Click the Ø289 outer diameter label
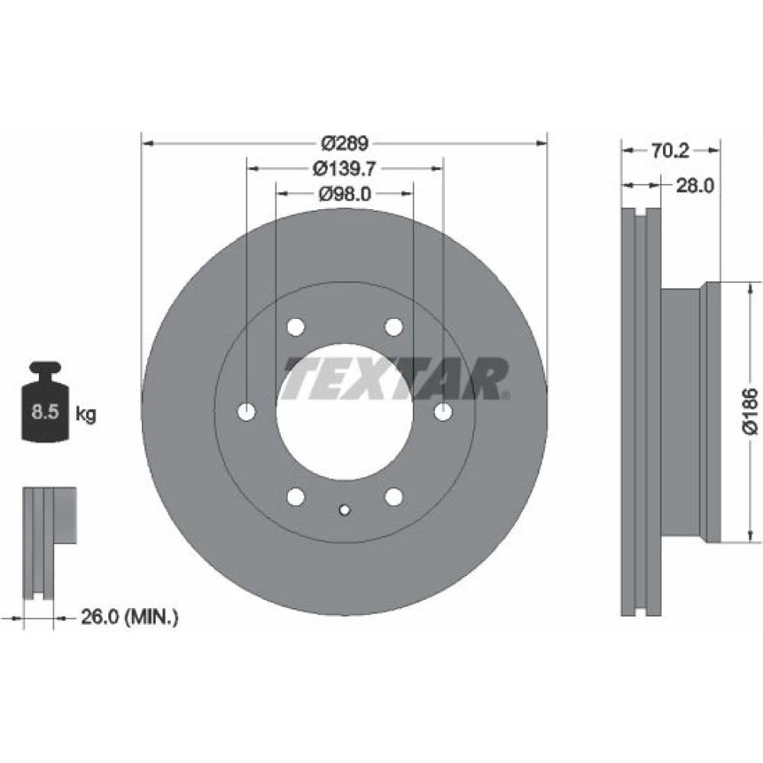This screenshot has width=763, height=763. pos(345,143)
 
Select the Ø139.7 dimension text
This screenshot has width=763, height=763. pos(345,169)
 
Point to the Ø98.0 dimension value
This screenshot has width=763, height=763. pos(345,194)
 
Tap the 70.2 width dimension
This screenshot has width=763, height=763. pos(670,150)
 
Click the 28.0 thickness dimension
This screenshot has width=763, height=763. pos(695,185)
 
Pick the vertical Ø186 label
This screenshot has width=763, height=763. pos(750,410)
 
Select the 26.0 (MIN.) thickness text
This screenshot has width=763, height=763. pos(130,617)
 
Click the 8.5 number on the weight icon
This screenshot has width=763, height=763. pos(45,412)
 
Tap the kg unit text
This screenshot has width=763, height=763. pos(86,414)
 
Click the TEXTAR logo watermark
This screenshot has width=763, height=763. pos(397,378)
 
